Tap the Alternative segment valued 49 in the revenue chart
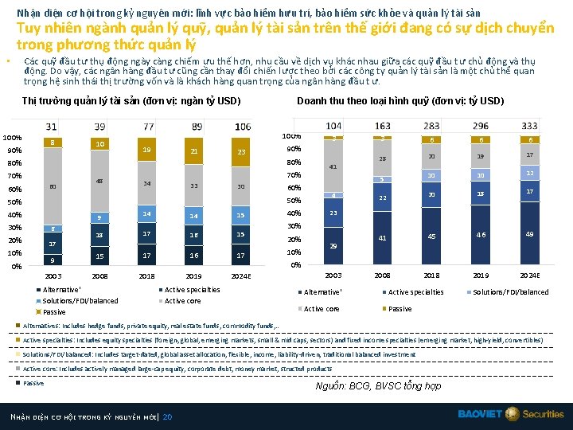(528, 233)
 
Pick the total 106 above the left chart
(243, 127)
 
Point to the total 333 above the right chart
(528, 127)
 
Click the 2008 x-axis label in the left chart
(99, 276)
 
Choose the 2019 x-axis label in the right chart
(481, 275)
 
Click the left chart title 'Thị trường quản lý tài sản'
(131, 101)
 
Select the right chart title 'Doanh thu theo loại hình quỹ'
(400, 101)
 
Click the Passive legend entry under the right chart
(398, 309)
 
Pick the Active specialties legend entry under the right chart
(414, 292)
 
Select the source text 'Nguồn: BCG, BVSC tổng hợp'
(377, 385)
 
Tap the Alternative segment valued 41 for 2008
(383, 238)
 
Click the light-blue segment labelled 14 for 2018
(147, 214)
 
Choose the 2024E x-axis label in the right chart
(528, 275)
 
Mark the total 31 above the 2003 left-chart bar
(52, 127)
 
